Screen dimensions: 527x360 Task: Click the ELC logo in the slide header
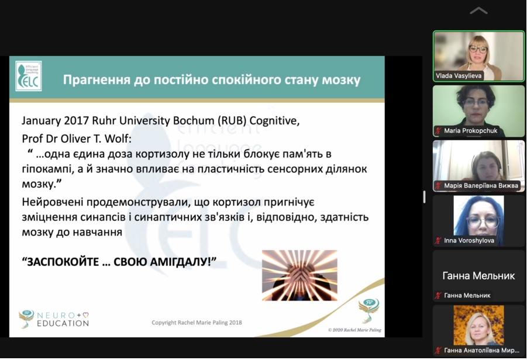point(29,76)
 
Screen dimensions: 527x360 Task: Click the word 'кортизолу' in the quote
point(163,154)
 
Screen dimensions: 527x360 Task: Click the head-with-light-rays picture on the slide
point(299,275)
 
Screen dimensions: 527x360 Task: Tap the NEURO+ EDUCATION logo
point(54,319)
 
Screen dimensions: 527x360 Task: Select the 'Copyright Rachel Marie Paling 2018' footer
point(197,323)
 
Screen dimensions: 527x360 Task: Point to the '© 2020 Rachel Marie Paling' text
point(354,330)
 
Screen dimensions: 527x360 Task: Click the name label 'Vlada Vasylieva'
point(459,76)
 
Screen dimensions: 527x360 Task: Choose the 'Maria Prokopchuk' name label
point(470,131)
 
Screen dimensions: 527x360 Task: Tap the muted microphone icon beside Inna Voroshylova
point(438,240)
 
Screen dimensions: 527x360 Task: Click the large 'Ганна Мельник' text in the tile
point(478,276)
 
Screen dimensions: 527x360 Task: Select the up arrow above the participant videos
point(478,11)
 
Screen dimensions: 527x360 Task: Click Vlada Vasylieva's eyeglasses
point(478,49)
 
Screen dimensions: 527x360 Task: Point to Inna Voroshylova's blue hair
point(461,219)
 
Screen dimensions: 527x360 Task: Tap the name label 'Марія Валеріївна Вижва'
point(481,185)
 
